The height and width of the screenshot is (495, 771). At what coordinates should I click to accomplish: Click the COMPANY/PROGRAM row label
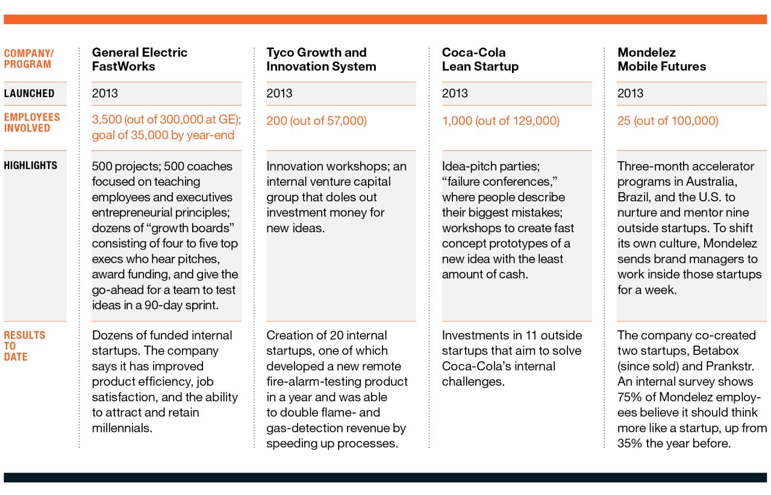click(x=28, y=58)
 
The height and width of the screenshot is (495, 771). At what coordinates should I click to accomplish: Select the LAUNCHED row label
click(x=30, y=93)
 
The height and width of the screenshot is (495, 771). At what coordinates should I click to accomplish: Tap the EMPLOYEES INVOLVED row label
click(x=32, y=122)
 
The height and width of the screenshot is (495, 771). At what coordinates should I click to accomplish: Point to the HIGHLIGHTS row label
click(x=31, y=165)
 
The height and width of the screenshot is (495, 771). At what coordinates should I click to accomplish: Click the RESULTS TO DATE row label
click(x=25, y=345)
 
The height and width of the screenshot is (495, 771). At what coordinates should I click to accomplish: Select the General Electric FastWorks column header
click(x=139, y=59)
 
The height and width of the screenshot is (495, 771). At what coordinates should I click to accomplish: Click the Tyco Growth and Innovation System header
click(x=321, y=59)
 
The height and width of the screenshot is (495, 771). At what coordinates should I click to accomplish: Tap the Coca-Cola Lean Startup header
click(x=480, y=59)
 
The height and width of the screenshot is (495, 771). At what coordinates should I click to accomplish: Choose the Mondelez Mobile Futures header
click(x=661, y=59)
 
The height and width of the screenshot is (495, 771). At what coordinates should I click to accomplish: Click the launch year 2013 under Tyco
click(x=279, y=93)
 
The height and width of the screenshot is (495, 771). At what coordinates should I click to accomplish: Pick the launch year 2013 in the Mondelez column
click(x=630, y=93)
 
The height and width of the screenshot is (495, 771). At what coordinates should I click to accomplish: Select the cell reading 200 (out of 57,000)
click(x=316, y=121)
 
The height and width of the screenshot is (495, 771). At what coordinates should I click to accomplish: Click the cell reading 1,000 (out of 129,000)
click(x=501, y=121)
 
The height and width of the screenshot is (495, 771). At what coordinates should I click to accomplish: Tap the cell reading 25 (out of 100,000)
click(x=667, y=121)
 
